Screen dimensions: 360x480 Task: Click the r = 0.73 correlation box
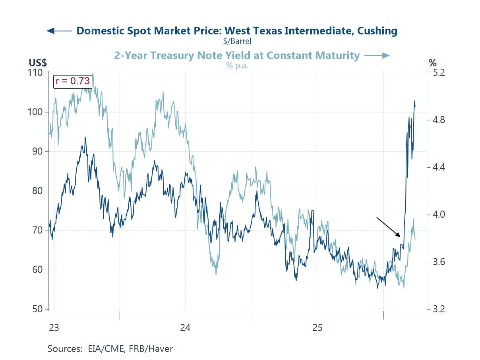coord(73,81)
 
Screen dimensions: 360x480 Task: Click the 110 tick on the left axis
coord(35,73)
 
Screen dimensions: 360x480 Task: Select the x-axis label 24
coord(185,328)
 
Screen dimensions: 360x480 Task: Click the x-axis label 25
coord(317,328)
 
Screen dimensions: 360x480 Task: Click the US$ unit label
coord(38,63)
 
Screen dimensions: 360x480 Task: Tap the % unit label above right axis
coord(432,63)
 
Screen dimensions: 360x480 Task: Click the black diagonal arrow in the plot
coord(389,227)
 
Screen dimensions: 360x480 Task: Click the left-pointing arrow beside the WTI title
coord(59,31)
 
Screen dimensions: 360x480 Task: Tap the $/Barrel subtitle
coord(237,41)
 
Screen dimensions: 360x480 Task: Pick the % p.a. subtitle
coord(237,66)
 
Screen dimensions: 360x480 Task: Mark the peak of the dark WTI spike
coord(414,101)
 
